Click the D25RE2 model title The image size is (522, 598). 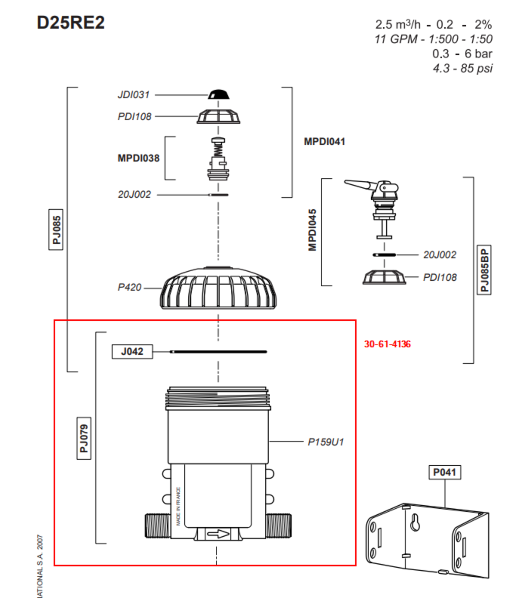(x=71, y=22)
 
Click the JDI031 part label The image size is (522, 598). (x=133, y=95)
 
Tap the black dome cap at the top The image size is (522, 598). (x=219, y=95)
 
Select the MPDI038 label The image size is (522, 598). (x=138, y=158)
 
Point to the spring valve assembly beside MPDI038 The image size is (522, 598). (x=218, y=159)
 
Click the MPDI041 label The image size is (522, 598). (x=324, y=142)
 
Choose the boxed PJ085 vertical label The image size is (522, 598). (x=56, y=229)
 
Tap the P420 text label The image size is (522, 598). (x=129, y=287)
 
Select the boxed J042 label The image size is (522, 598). (x=132, y=351)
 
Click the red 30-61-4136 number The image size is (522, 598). (x=387, y=344)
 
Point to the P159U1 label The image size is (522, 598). (x=325, y=442)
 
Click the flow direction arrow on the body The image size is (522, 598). (x=218, y=534)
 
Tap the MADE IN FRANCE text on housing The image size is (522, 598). (x=178, y=506)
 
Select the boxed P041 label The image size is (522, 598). (x=444, y=472)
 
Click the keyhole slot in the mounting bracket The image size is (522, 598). (x=415, y=523)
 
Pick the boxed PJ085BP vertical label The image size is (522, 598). (x=484, y=270)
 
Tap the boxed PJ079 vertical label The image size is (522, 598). (x=84, y=438)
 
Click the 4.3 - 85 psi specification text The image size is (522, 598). (x=463, y=68)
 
